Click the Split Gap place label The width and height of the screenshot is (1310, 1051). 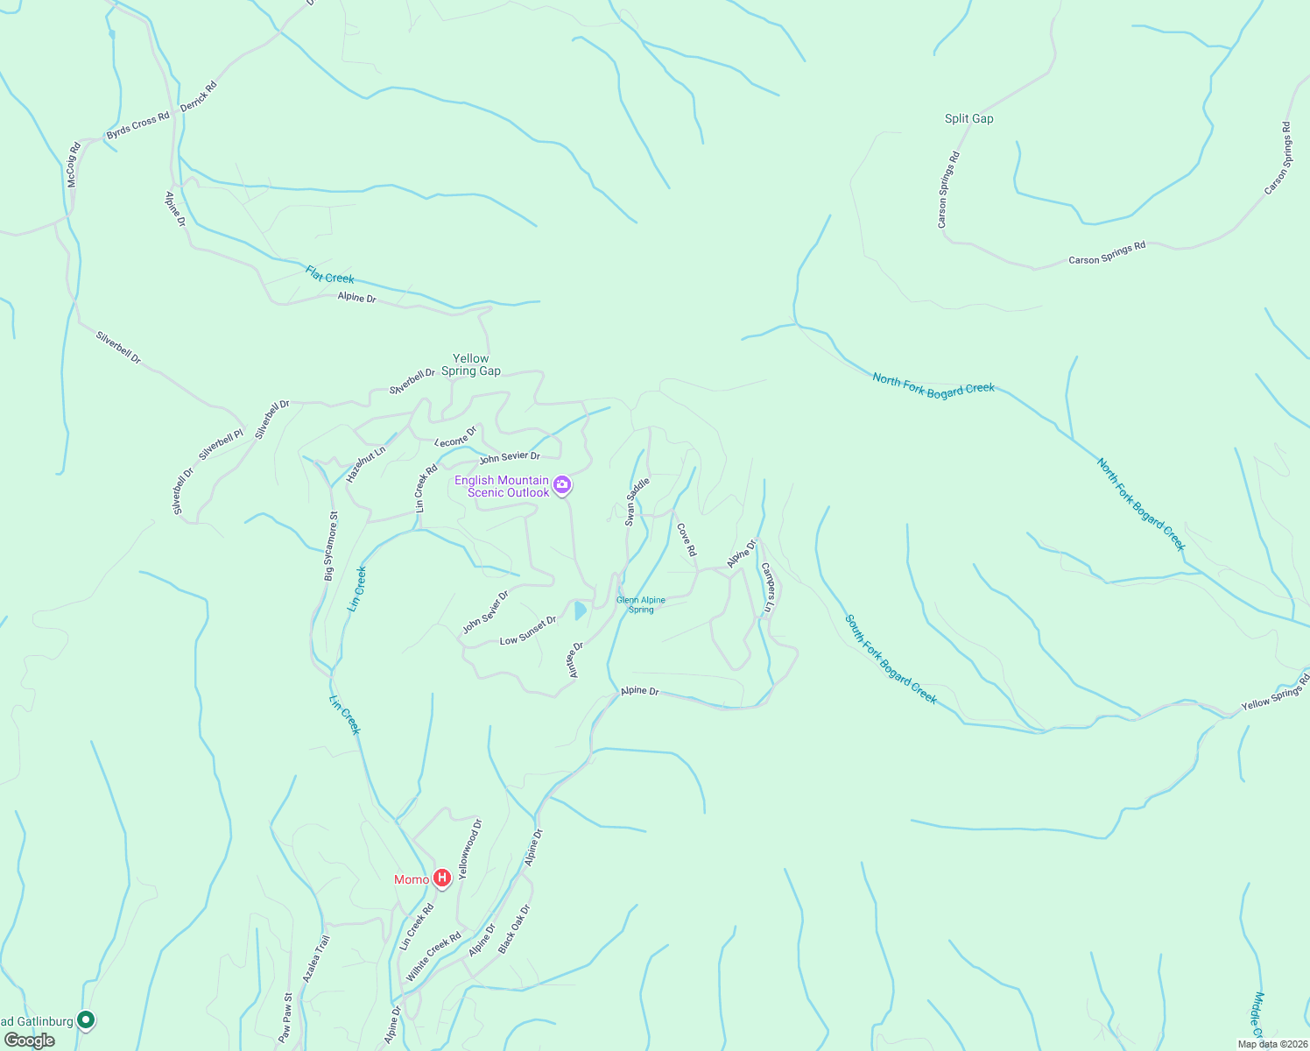click(x=968, y=118)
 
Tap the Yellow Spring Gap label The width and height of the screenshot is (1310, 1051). click(x=471, y=364)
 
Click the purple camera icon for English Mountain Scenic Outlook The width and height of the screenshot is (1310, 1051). click(x=562, y=484)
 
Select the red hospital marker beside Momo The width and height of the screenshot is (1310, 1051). click(x=442, y=878)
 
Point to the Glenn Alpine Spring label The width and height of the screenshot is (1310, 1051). click(x=641, y=604)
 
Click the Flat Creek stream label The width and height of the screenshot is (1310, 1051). click(x=330, y=274)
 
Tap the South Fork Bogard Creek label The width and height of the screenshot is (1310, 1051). click(x=891, y=659)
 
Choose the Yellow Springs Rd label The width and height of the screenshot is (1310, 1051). click(x=1275, y=693)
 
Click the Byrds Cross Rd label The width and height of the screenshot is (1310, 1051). click(x=137, y=126)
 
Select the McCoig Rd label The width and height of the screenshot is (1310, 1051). click(x=74, y=165)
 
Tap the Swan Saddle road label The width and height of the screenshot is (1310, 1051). click(x=637, y=502)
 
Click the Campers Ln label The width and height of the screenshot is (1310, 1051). click(x=768, y=587)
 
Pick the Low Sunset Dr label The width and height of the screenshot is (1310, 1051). click(x=528, y=631)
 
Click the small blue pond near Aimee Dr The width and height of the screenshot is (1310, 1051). click(x=580, y=610)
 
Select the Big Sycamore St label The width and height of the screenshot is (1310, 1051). click(x=330, y=547)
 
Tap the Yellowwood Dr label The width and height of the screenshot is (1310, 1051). click(x=470, y=849)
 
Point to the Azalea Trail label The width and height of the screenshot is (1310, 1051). click(x=316, y=958)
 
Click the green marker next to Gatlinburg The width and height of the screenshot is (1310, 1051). click(x=86, y=1019)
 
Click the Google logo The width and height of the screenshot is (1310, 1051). click(x=30, y=1040)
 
